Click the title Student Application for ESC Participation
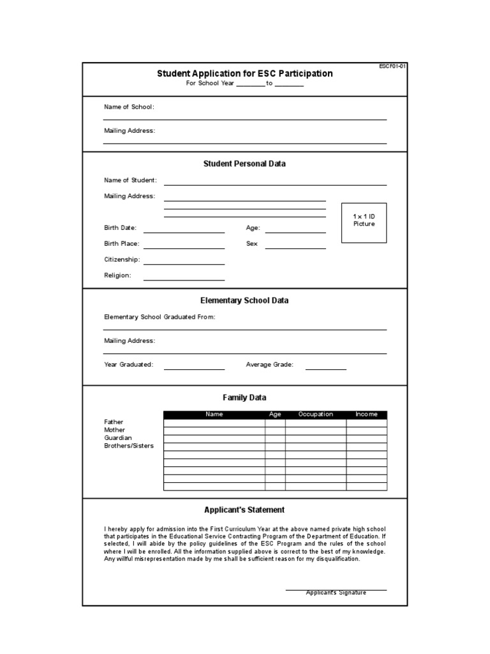pos(245,73)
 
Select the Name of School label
pos(130,107)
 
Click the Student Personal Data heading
pos(244,163)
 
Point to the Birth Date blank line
pos(184,232)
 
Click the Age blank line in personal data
pos(295,232)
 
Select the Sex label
pos(251,244)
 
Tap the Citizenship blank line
pos(184,263)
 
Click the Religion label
pos(117,276)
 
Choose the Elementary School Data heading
pos(244,300)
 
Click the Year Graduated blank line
pos(194,369)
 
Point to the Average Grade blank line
pos(325,369)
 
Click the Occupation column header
pos(316,414)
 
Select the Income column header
pos(366,414)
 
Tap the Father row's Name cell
pos(214,423)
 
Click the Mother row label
pos(114,430)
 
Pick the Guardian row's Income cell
pos(366,439)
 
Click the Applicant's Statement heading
pos(244,510)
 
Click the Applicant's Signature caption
pos(336,593)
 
